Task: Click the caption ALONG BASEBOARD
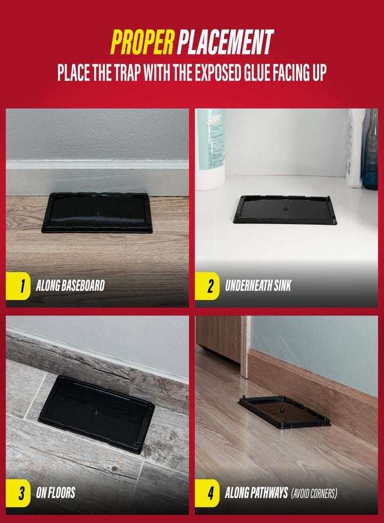70,286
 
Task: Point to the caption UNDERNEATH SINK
259,286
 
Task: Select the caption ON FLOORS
56,493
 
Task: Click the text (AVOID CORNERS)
315,493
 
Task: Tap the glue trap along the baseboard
97,213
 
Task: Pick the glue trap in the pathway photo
285,411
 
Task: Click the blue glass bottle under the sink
370,151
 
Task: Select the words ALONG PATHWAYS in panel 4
257,493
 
